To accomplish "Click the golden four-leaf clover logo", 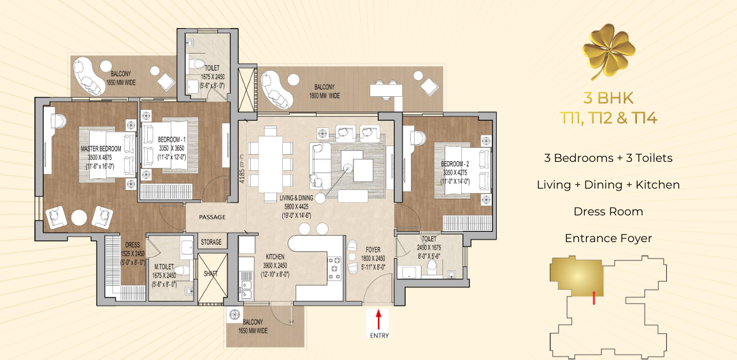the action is click(608, 51).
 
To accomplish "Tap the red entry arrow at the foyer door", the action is click(379, 320).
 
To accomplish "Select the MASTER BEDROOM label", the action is click(101, 149).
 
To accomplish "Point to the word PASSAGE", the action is click(212, 217).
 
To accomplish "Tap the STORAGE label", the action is click(211, 242).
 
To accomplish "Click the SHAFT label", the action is click(211, 273).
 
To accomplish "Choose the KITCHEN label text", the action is click(275, 257).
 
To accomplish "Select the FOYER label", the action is click(373, 250).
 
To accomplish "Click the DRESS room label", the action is click(132, 245).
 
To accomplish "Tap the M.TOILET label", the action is click(165, 267).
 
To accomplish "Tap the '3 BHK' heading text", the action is click(608, 98).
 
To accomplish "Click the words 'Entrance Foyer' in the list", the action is click(608, 238).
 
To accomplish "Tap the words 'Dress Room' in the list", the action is click(608, 212).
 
